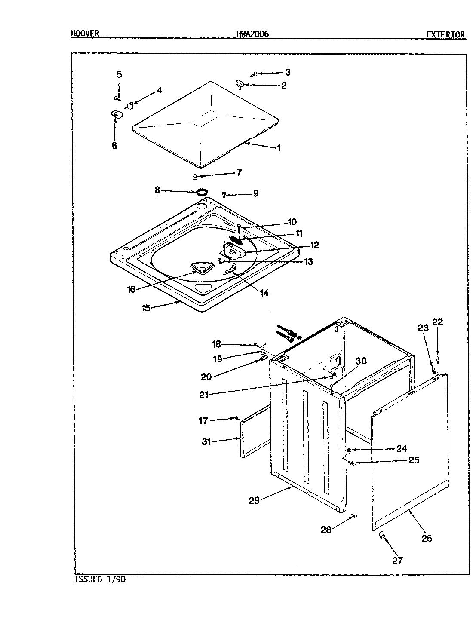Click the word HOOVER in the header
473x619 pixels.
[85, 34]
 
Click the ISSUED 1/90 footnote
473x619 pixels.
[100, 579]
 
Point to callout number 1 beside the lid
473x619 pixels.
[279, 148]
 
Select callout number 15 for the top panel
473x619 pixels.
[146, 308]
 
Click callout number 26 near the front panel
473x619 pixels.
[426, 538]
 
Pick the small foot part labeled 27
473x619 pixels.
[381, 534]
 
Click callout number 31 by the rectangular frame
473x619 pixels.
[207, 441]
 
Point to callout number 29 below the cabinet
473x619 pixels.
[254, 500]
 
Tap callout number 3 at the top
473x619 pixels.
[288, 72]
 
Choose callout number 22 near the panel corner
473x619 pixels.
[437, 322]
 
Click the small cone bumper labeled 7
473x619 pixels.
[195, 176]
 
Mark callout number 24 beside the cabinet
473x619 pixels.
[401, 449]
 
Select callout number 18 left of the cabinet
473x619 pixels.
[216, 343]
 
